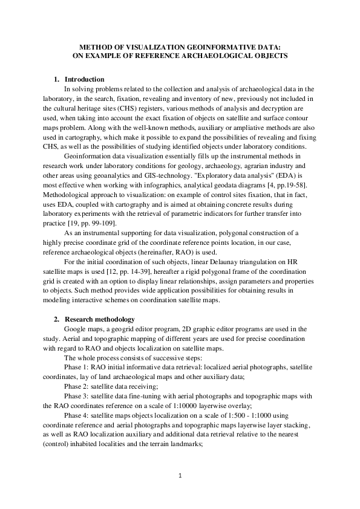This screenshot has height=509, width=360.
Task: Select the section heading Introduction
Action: [84, 80]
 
